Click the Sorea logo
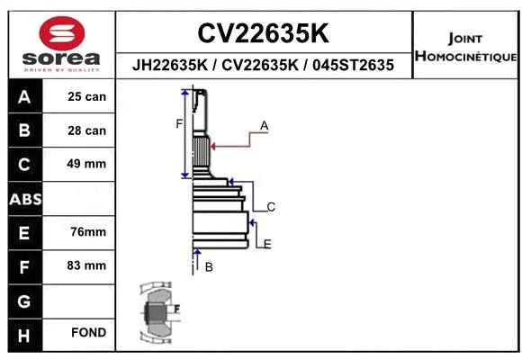(61, 43)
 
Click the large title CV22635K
(263, 33)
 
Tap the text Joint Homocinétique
(464, 48)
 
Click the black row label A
(24, 96)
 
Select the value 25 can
(87, 96)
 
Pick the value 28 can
(87, 130)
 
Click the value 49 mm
(87, 164)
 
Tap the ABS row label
(24, 198)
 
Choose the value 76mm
(87, 232)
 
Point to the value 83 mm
(87, 265)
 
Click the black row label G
(24, 300)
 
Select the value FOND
(87, 333)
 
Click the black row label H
(24, 333)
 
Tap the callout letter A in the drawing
(265, 126)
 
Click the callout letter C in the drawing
(270, 207)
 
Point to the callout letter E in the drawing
(267, 244)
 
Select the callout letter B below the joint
(209, 267)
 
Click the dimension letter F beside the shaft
(179, 123)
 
